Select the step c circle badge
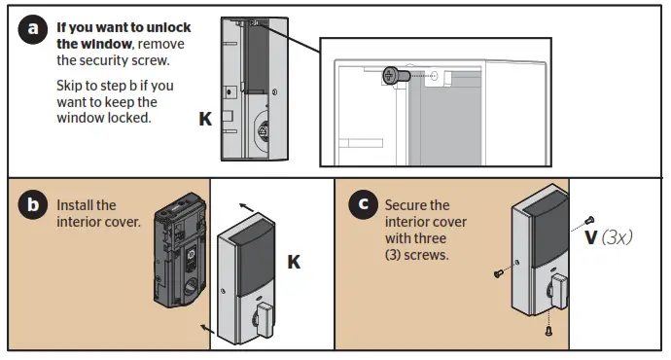click(363, 204)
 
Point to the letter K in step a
click(204, 119)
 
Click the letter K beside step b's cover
click(294, 262)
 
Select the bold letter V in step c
click(590, 235)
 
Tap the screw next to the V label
click(589, 220)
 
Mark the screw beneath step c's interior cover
click(548, 331)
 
